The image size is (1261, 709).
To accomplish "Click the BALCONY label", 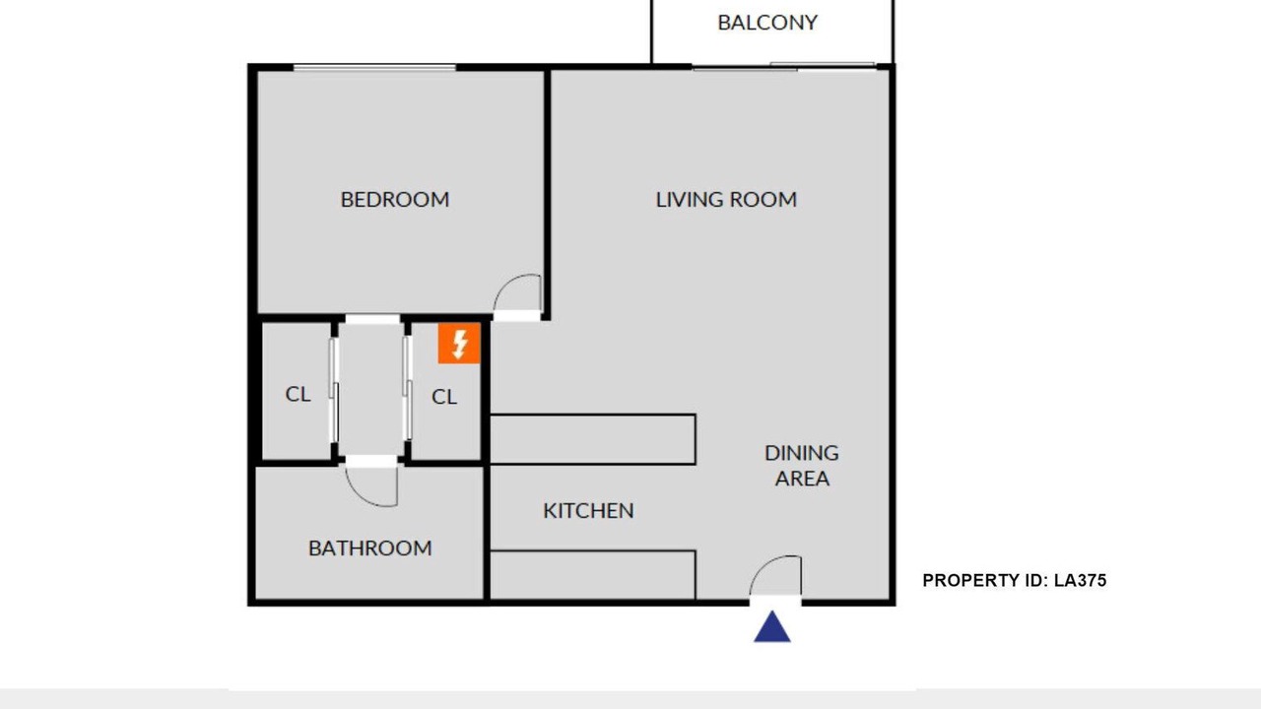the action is click(x=767, y=23).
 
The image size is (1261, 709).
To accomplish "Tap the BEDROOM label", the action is click(x=395, y=199).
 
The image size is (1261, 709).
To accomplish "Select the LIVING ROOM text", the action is click(x=726, y=199).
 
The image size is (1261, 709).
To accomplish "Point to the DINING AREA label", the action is click(x=802, y=466).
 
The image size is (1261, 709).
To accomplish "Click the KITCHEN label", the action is click(x=588, y=510).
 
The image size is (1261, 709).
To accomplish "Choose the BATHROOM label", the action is click(x=369, y=548).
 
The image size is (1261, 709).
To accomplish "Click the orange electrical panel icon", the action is click(x=459, y=344).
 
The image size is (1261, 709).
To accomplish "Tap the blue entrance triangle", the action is click(x=772, y=626).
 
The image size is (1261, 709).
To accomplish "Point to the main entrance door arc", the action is click(x=763, y=564).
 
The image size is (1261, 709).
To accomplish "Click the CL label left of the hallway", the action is click(x=298, y=394).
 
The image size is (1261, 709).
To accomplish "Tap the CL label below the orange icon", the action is click(x=444, y=397).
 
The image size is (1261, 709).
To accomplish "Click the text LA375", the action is click(x=1081, y=580).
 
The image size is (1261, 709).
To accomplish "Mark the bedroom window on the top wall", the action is click(x=374, y=68).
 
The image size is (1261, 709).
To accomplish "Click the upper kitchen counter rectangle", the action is click(x=593, y=439).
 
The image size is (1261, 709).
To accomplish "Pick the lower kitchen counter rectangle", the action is click(x=593, y=575).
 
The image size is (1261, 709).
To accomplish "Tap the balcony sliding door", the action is click(x=784, y=66).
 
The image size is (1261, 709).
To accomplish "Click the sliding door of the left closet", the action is click(x=334, y=390).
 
